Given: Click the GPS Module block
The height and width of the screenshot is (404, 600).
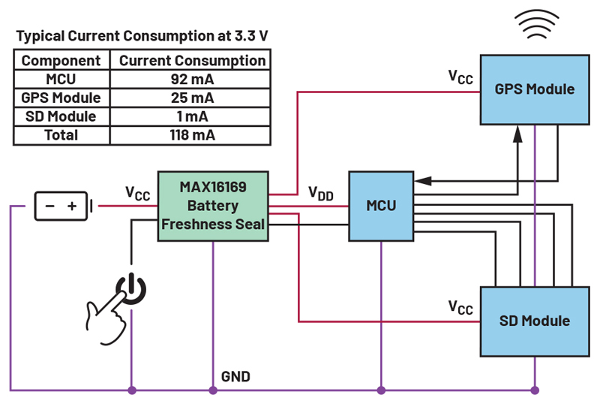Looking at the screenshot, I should tap(534, 89).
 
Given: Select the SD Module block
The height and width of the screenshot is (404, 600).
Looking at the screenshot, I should tap(534, 321).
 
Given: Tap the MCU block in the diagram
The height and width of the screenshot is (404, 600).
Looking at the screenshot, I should tap(381, 206).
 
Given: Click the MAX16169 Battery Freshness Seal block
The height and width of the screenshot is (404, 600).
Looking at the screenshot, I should tap(214, 206).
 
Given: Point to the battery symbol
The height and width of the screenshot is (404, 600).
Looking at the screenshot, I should tap(62, 206).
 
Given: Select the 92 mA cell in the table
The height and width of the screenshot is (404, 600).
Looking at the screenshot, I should tap(192, 79).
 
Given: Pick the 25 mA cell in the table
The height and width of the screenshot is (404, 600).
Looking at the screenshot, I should tap(192, 98).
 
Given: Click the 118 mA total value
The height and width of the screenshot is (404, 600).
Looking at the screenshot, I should tap(192, 135).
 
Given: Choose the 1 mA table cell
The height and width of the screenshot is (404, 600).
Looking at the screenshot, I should tap(192, 116).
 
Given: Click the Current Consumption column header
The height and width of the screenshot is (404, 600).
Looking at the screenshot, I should tap(192, 61).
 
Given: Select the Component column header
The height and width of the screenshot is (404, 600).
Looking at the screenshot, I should tap(61, 61).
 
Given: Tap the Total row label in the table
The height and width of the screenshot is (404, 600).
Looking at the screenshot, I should tap(61, 135).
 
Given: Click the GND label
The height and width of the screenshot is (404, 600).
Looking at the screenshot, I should tap(235, 376).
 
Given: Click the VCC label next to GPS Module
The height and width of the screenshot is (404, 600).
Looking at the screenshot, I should tap(460, 77).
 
